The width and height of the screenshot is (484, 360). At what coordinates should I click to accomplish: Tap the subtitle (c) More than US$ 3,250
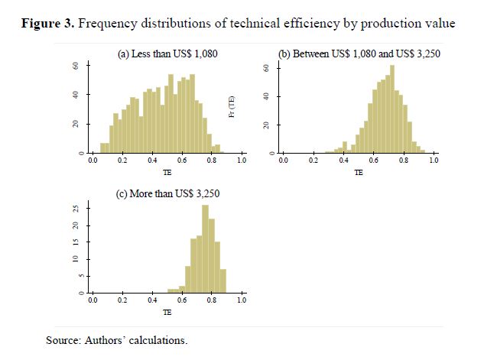click(167, 193)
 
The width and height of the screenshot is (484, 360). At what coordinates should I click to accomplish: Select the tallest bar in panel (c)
click(205, 249)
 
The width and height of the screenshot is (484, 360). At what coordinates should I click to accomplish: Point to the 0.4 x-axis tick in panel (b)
click(343, 162)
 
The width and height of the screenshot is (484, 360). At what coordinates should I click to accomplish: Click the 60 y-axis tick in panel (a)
click(76, 66)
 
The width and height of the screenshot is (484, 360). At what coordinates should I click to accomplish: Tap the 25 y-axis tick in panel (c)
click(76, 208)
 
